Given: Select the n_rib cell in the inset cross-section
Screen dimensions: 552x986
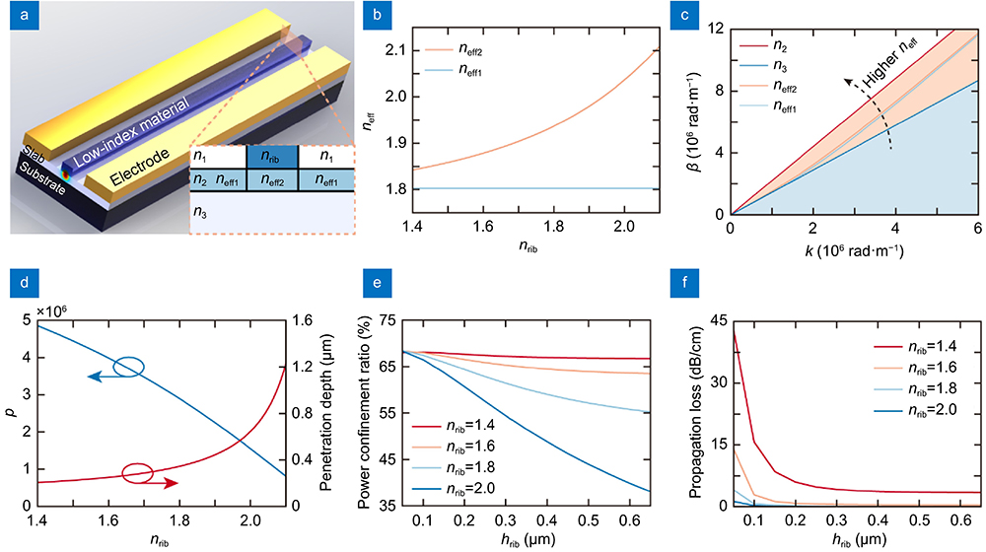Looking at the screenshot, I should click(272, 155).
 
